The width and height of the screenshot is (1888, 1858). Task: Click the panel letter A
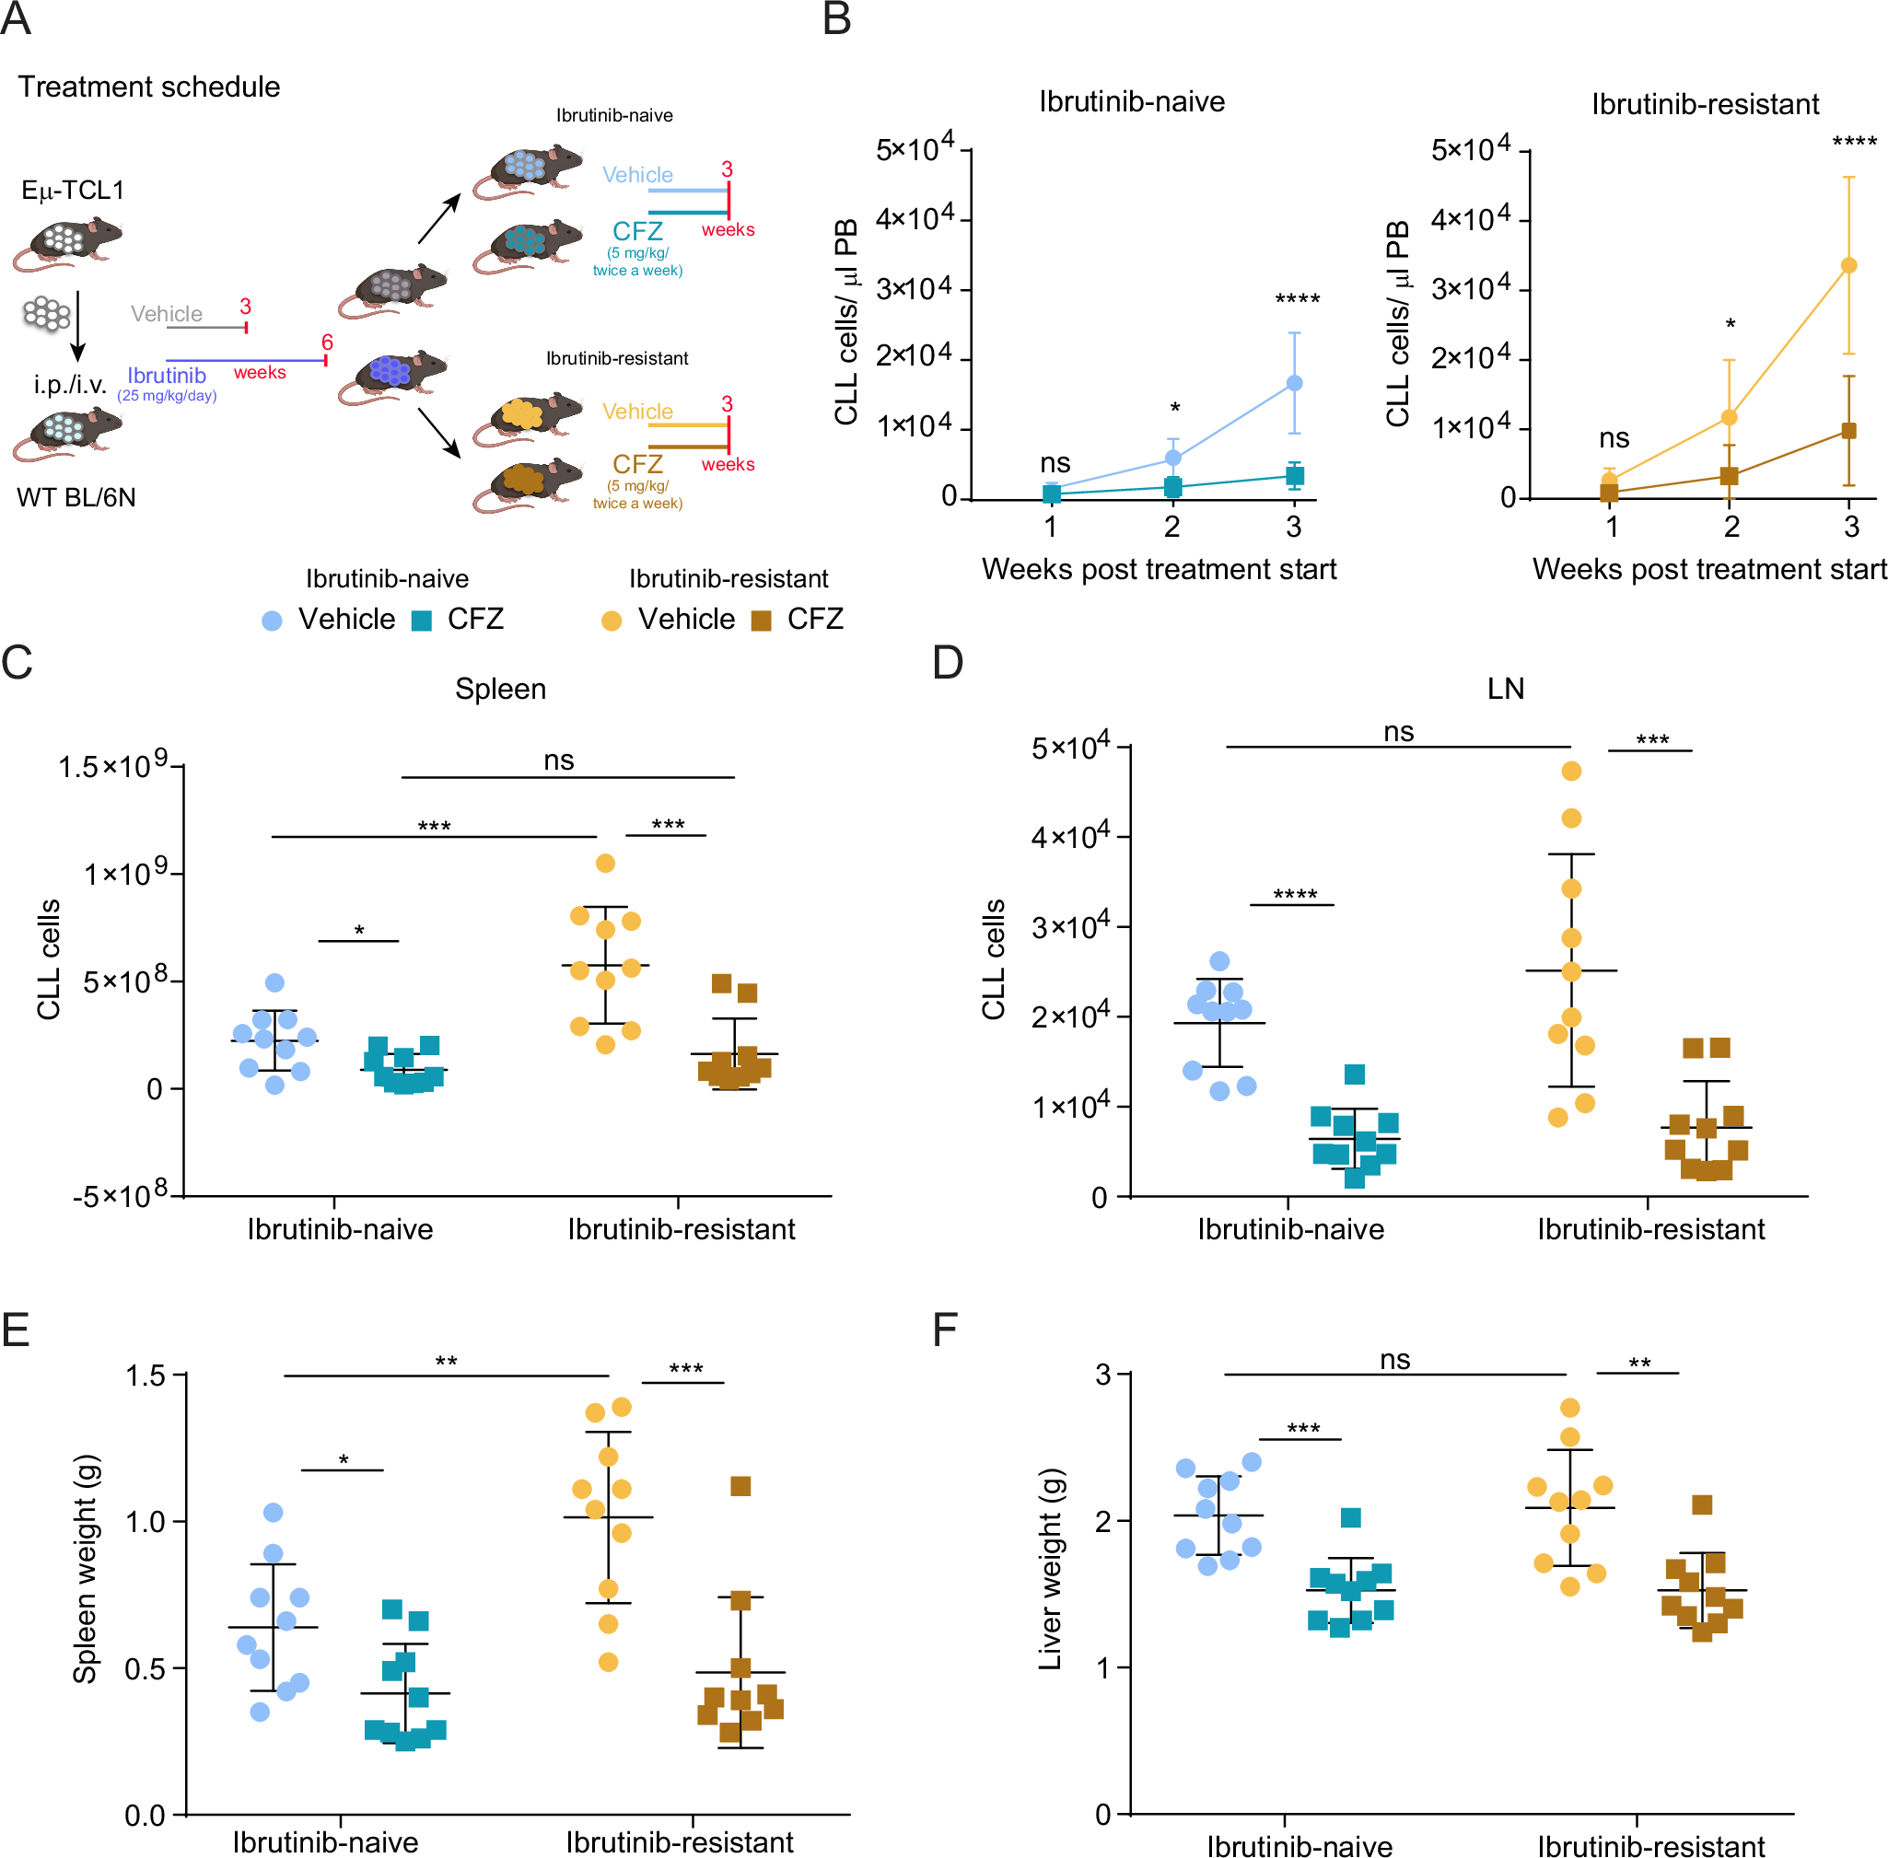17,18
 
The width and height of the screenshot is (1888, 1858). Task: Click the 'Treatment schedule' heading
148,87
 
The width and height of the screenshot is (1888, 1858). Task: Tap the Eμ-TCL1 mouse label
73,190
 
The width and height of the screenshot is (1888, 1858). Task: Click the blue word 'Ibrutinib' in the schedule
166,375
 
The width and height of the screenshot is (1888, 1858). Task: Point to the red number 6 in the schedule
327,342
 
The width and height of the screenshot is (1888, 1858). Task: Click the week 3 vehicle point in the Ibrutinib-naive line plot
1293,382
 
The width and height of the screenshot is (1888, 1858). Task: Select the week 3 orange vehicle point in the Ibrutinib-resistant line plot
1848,264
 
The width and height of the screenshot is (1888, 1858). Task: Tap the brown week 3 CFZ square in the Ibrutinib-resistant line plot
1848,430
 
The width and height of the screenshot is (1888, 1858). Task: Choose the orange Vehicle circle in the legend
612,621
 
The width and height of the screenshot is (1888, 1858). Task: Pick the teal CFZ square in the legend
422,621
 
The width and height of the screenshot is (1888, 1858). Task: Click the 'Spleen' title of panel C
500,688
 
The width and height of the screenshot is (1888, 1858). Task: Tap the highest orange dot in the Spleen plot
605,863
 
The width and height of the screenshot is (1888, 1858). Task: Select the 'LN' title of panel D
1504,688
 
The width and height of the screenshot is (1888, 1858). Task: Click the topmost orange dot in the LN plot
1571,770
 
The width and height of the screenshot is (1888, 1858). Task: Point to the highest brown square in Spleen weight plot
740,1486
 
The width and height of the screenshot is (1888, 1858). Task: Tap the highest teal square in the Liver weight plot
1350,1517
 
